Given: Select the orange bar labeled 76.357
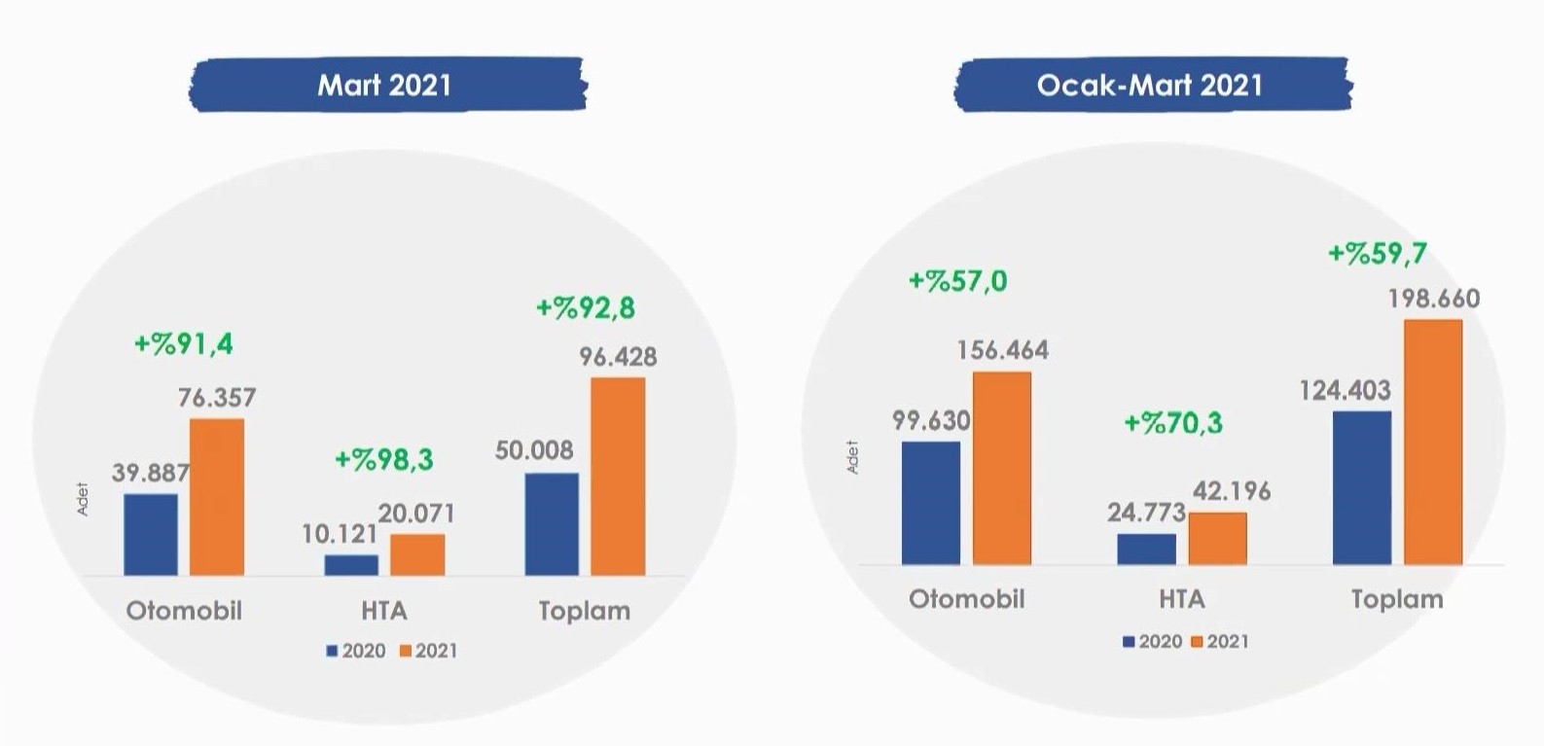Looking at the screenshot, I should [x=217, y=497].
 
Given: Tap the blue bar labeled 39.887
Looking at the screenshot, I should [x=151, y=534].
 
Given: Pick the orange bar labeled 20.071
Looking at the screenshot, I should [x=417, y=554].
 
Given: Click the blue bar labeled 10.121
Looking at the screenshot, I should [x=351, y=565].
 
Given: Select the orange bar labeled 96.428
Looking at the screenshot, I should [x=618, y=477].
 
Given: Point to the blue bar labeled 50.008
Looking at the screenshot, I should [x=552, y=524].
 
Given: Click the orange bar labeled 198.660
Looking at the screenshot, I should [x=1433, y=442].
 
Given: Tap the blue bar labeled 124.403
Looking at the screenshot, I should [x=1362, y=487].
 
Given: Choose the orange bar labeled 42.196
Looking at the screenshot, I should [x=1217, y=538].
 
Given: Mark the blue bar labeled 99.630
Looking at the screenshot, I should [x=931, y=503].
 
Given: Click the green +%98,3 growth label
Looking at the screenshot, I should [x=383, y=459].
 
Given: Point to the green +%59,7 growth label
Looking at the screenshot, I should [x=1378, y=254].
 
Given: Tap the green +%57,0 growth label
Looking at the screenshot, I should [x=958, y=282].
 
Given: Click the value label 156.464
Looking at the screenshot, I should [x=1003, y=350].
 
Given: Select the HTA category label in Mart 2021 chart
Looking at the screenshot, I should [x=383, y=611].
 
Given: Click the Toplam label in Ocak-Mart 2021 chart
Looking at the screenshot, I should [x=1397, y=599].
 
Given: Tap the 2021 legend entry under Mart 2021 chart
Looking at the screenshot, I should [x=428, y=651].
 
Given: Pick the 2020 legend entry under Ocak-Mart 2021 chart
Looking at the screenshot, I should [x=1153, y=641].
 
